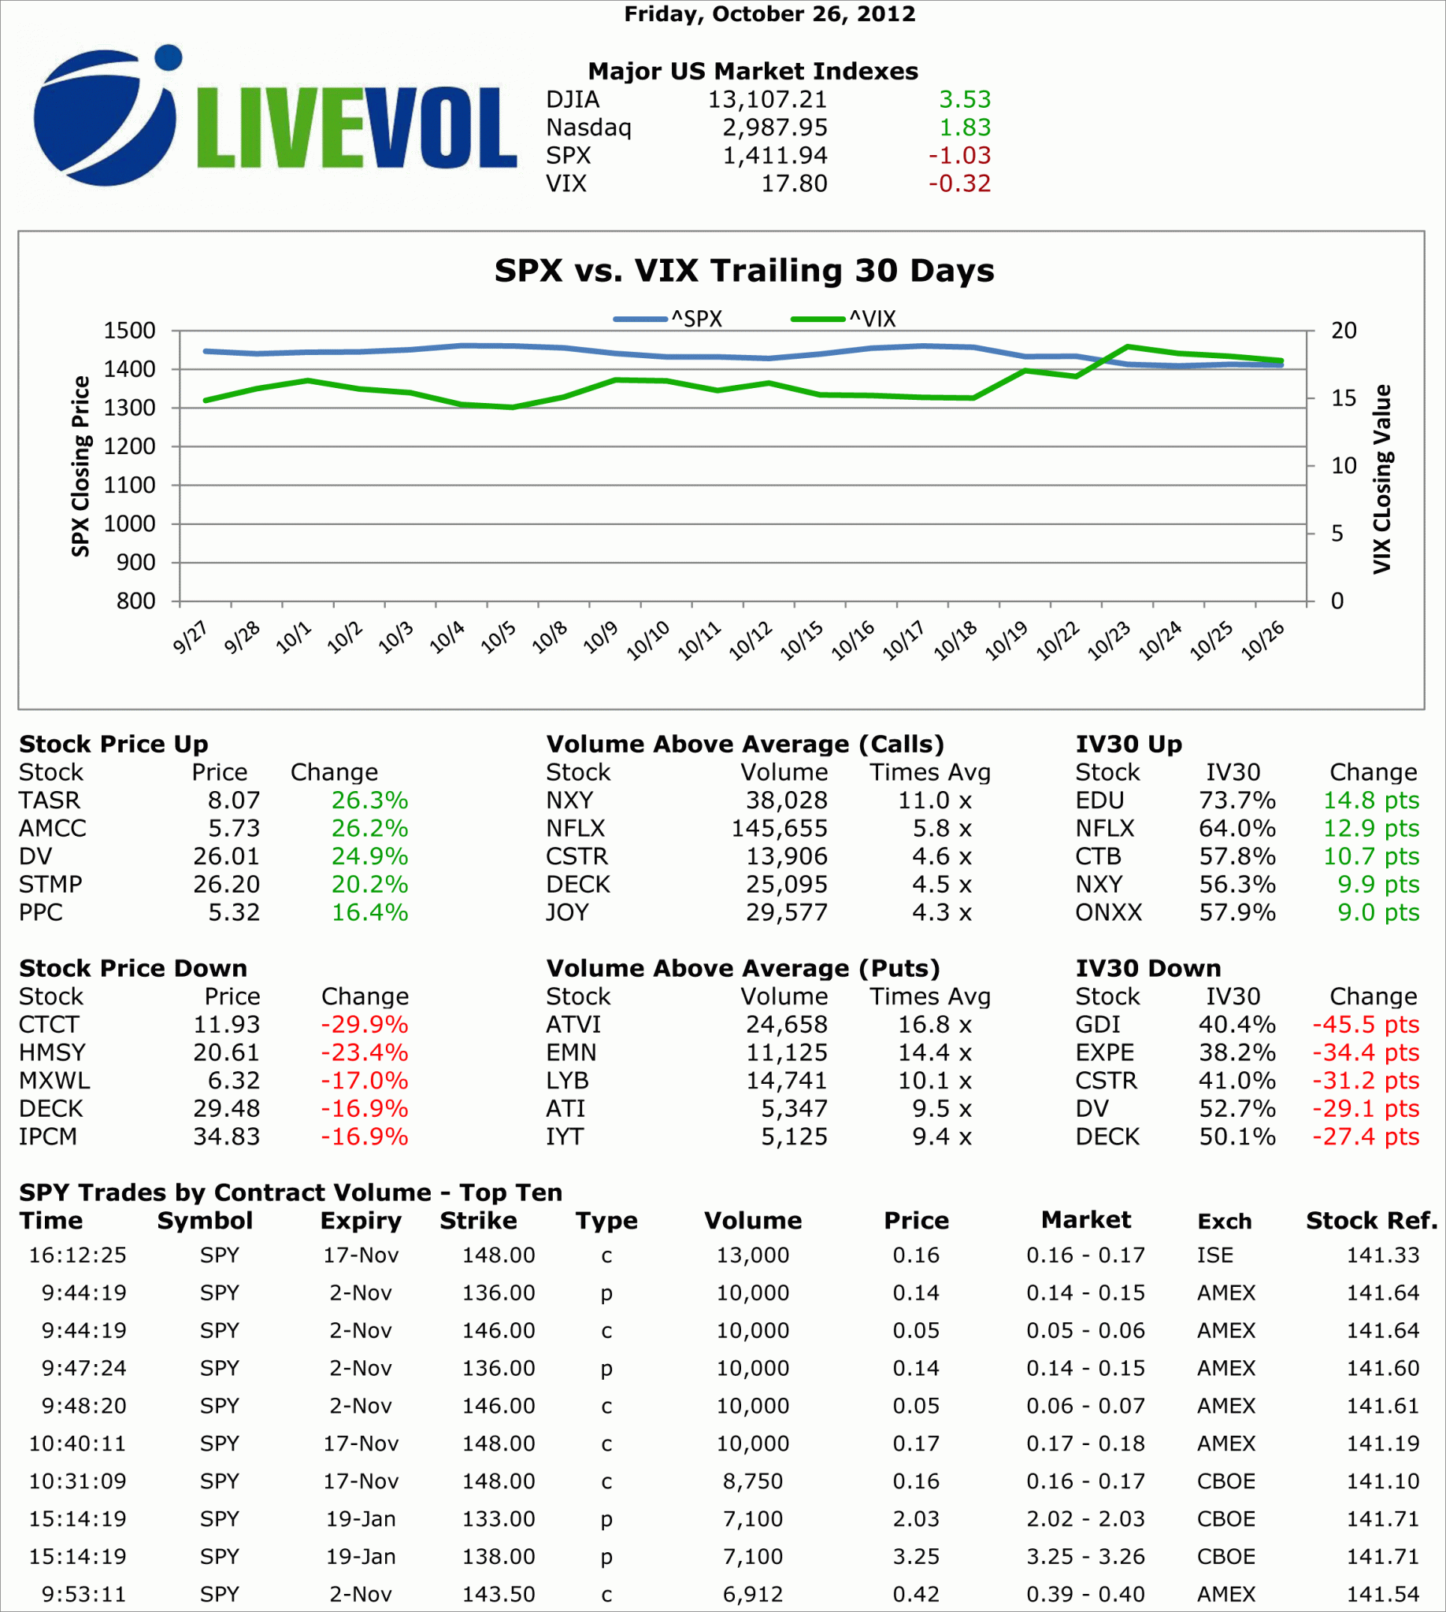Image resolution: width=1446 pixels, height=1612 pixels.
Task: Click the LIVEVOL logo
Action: click(274, 117)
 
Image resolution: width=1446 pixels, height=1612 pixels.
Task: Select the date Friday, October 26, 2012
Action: click(769, 14)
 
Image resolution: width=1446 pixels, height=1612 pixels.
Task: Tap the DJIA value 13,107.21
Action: click(766, 100)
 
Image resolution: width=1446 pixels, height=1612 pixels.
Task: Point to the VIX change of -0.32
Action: click(959, 184)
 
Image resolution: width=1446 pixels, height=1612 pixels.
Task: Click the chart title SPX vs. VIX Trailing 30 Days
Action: click(743, 271)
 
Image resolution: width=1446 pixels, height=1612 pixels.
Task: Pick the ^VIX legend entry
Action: click(843, 320)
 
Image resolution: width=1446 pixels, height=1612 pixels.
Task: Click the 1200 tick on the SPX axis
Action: click(129, 447)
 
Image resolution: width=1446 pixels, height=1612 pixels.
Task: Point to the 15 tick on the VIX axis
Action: click(1344, 398)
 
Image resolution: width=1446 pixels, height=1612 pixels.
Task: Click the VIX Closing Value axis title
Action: click(1382, 479)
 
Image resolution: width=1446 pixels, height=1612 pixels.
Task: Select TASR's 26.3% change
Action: click(369, 800)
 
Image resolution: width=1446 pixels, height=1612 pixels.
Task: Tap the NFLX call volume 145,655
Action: click(779, 829)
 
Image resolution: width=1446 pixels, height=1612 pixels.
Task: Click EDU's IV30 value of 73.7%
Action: click(1237, 800)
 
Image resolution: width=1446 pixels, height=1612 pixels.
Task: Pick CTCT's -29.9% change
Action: click(364, 1025)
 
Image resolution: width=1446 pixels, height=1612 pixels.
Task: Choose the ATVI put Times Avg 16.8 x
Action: click(934, 1025)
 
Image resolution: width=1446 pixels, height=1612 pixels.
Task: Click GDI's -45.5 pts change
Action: click(1365, 1025)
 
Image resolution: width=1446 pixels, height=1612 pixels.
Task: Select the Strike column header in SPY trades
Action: click(478, 1221)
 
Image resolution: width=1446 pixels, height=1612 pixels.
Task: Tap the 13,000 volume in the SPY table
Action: click(752, 1255)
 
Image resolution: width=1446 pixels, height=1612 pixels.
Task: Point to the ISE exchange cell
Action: click(1214, 1255)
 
